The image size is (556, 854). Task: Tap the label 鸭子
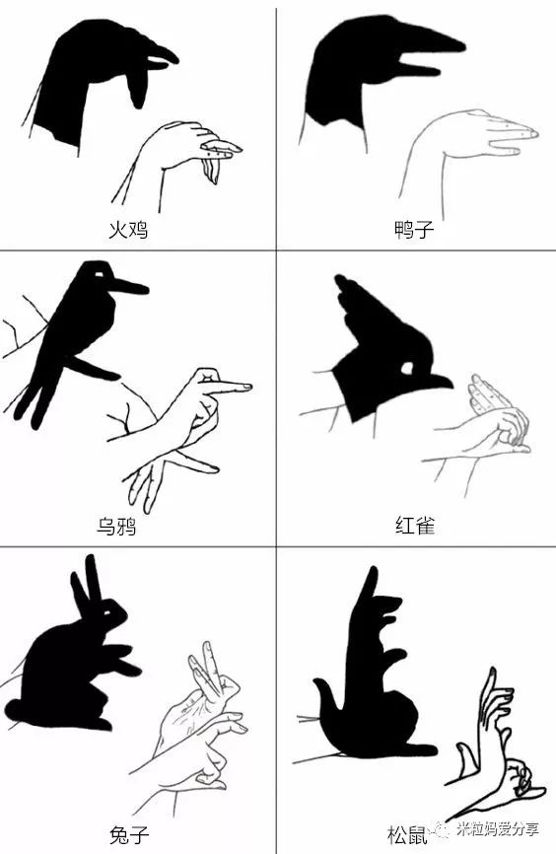click(413, 231)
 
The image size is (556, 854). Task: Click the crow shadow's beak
click(128, 289)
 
